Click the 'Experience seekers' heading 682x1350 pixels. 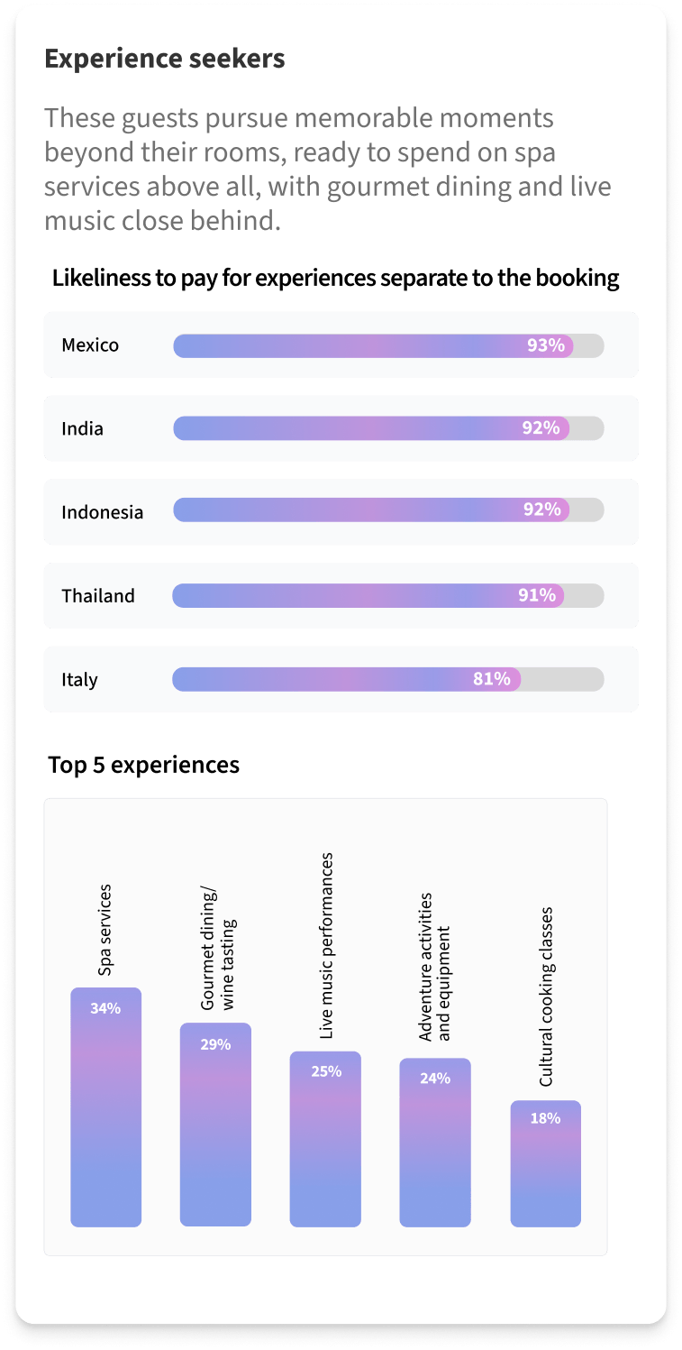click(x=165, y=60)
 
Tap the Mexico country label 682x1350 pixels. click(x=90, y=345)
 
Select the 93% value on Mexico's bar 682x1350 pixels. click(x=546, y=345)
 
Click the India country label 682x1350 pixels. click(x=82, y=429)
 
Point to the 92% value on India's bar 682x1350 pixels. click(x=541, y=428)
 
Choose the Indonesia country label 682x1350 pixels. click(x=102, y=512)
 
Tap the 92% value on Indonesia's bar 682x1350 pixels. click(x=542, y=510)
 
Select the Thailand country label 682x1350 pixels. click(x=98, y=596)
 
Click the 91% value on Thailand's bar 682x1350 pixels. click(x=537, y=595)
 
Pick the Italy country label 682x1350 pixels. click(x=79, y=680)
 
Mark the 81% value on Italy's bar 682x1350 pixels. click(x=492, y=679)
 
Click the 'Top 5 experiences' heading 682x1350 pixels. click(x=144, y=766)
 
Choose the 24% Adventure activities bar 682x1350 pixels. click(x=435, y=1143)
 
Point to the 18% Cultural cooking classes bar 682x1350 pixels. click(x=545, y=1163)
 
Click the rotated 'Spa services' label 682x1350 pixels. click(x=105, y=930)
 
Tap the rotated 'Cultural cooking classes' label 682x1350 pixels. click(x=546, y=996)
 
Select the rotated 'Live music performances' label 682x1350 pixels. click(x=326, y=946)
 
